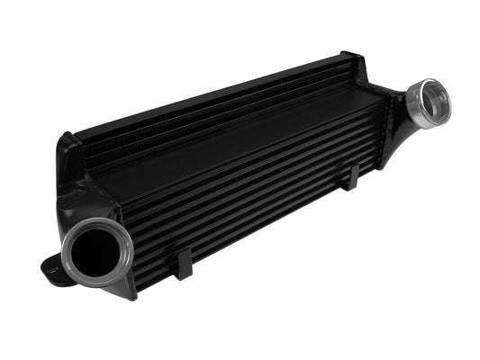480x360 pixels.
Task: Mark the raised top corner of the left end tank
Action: pos(66,142)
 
